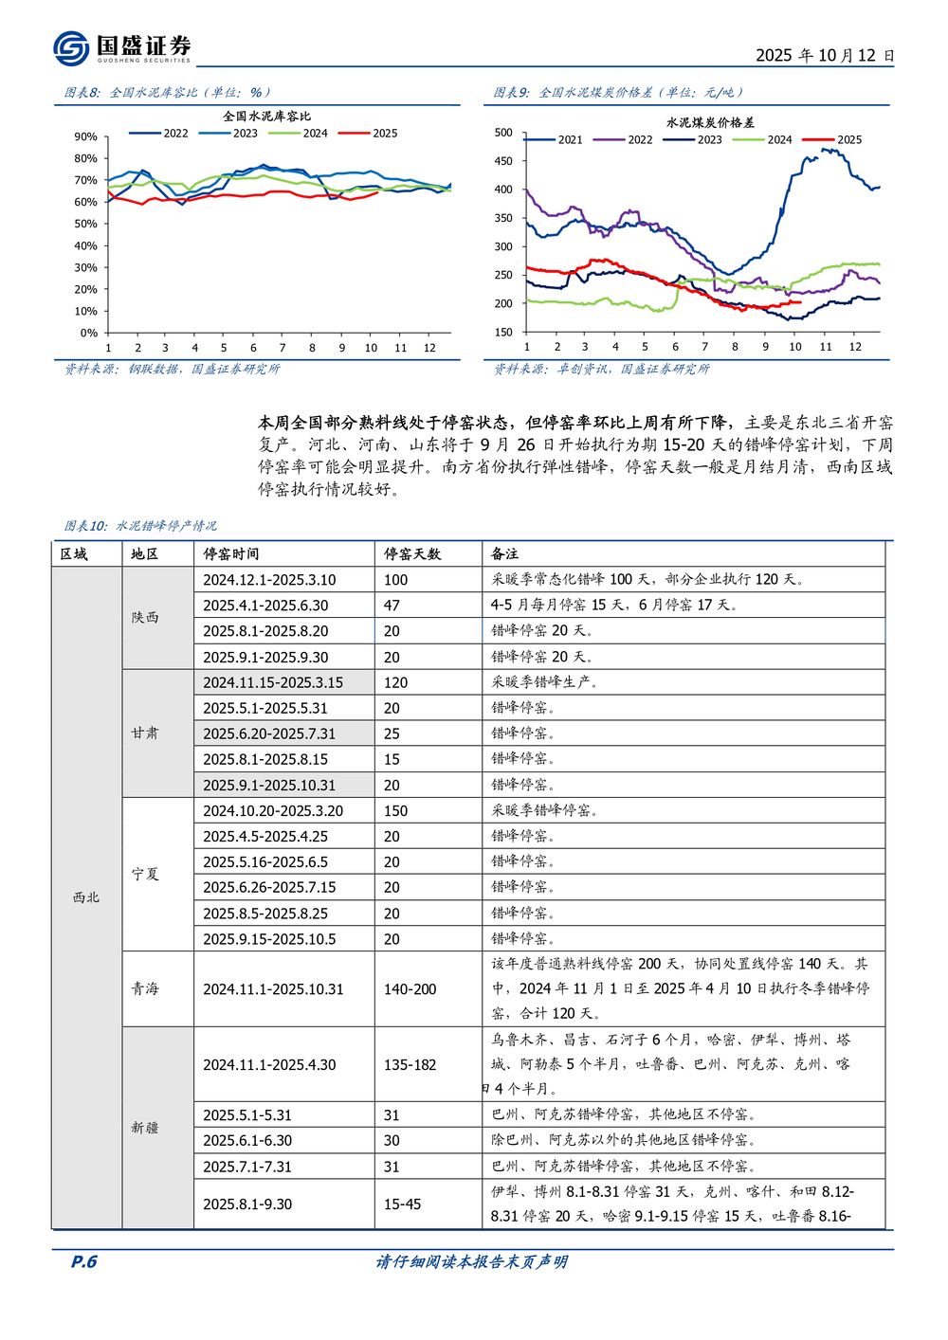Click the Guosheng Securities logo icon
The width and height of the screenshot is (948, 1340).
tap(72, 48)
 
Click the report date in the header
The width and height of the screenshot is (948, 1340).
tap(824, 56)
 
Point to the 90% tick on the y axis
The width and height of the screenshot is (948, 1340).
tap(85, 137)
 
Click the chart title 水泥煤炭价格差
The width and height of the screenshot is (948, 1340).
tap(710, 123)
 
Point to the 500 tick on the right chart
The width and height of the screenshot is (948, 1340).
tap(503, 133)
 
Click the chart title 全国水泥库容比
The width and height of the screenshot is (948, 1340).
tap(266, 117)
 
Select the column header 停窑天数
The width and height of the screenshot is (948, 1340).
tap(412, 554)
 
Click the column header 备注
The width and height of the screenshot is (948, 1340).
tap(504, 554)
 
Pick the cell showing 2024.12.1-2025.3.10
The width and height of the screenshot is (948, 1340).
tap(269, 580)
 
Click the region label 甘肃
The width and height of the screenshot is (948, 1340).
tap(145, 733)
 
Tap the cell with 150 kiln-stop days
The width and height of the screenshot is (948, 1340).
tap(396, 811)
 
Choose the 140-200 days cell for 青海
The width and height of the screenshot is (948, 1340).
tap(410, 989)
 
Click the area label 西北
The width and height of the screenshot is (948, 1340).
tap(86, 897)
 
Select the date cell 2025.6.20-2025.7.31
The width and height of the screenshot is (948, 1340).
tap(269, 734)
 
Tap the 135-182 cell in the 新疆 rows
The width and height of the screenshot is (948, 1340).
tap(410, 1065)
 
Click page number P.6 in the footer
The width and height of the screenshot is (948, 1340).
tap(84, 1262)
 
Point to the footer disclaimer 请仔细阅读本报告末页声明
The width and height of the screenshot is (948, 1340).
tap(472, 1262)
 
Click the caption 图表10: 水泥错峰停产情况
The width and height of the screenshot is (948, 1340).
tap(140, 526)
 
